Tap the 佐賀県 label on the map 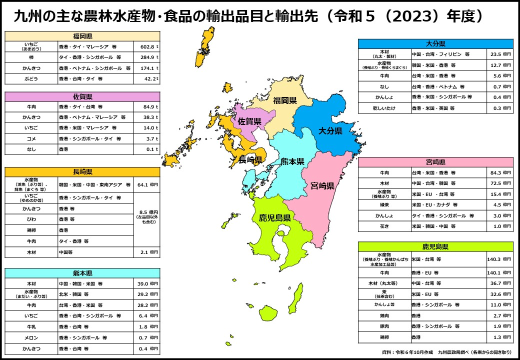click(249, 121)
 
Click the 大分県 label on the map click(330, 130)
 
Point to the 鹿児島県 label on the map click(275, 217)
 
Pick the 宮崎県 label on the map click(322, 186)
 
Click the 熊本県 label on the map click(292, 161)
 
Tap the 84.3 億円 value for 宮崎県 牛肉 click(500, 172)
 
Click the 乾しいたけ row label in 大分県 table click(384, 108)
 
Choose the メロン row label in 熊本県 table click(31, 337)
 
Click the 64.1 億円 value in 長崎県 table click(147, 184)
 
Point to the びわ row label click(31, 219)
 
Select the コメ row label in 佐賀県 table click(31, 138)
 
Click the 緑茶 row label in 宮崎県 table click(384, 204)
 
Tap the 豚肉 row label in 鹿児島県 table click(384, 326)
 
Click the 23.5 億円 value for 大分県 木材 click(500, 54)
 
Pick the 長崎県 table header click(82, 171)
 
